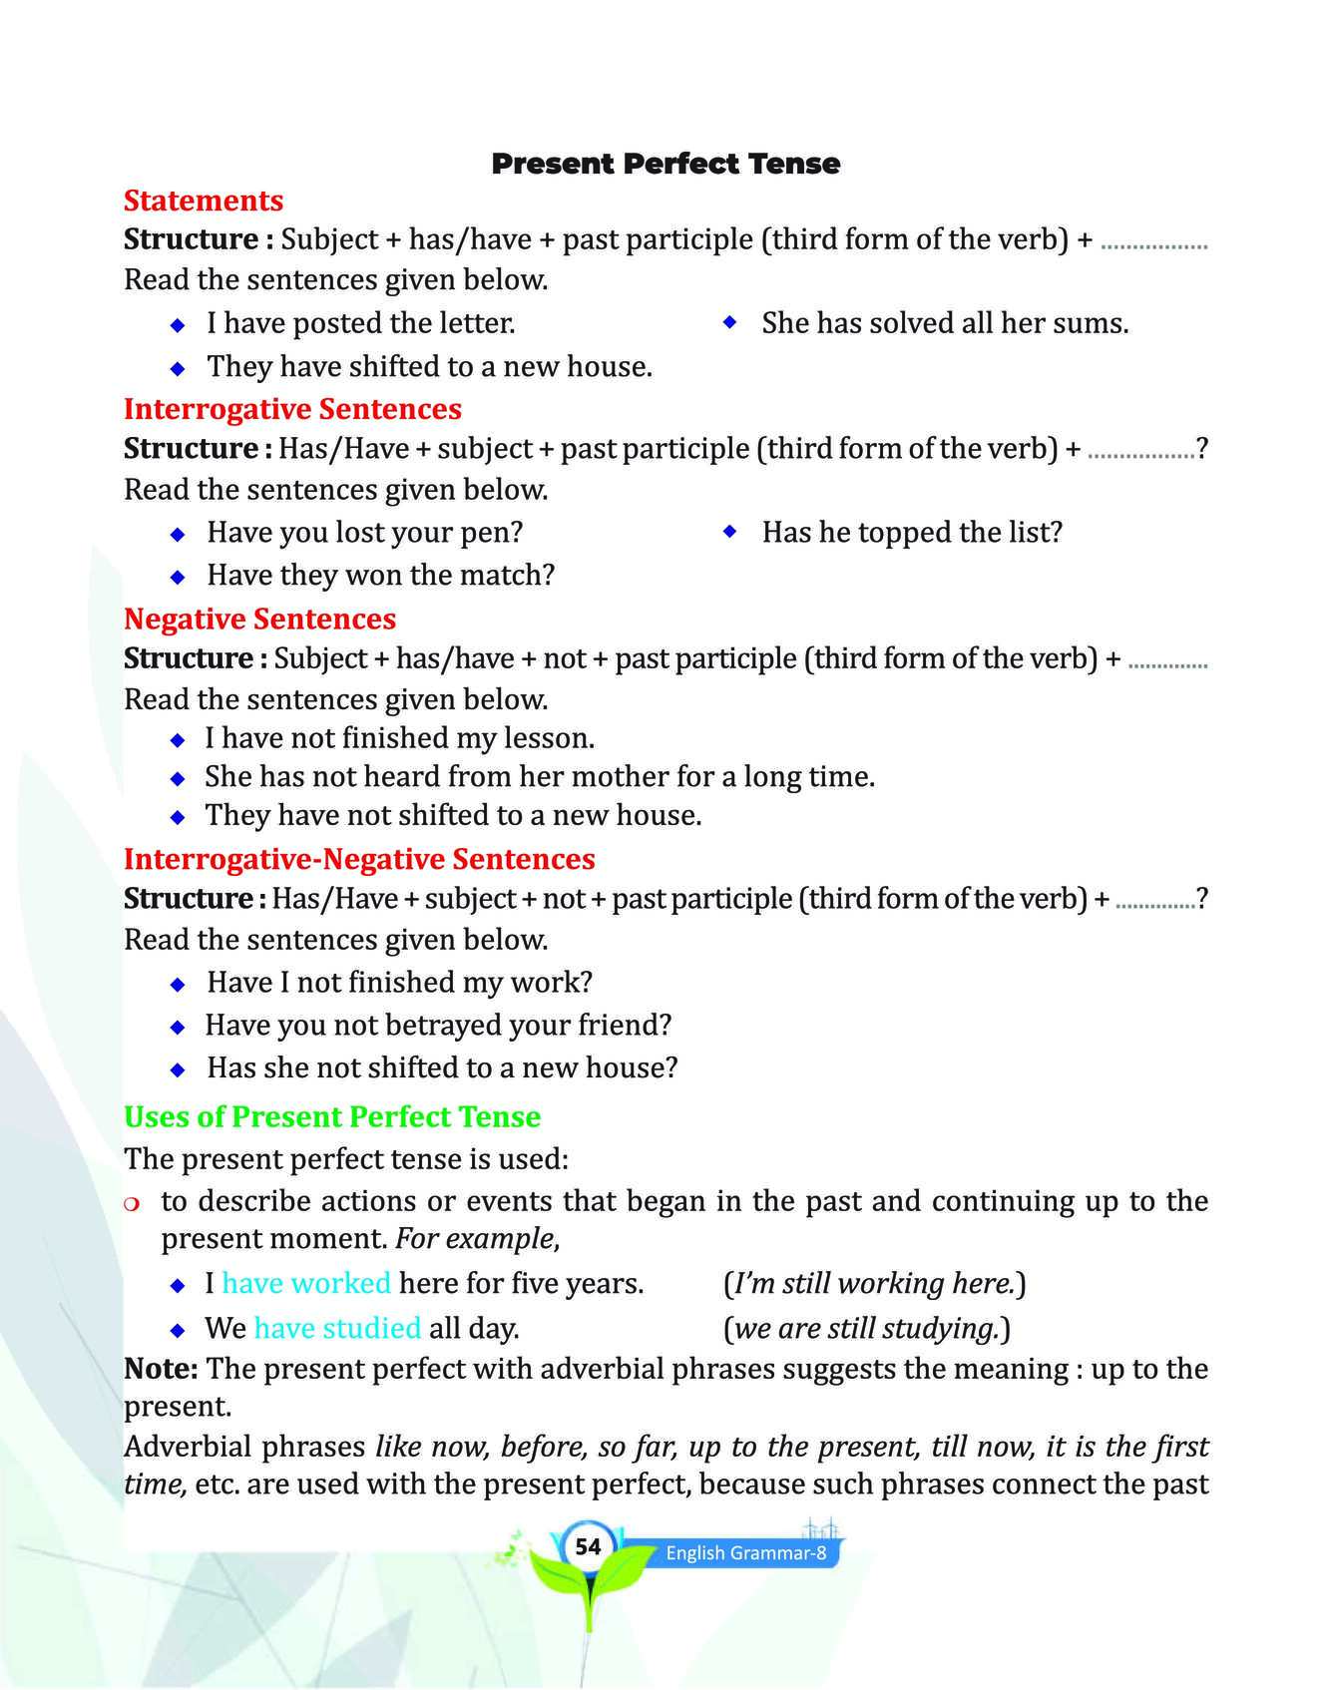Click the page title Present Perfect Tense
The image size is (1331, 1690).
click(665, 164)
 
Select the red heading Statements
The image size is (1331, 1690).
click(204, 201)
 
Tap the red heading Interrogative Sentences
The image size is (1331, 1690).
click(292, 409)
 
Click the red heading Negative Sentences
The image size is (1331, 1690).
click(259, 620)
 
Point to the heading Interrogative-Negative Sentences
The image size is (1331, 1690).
click(359, 859)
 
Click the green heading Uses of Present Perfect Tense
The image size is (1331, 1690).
click(332, 1116)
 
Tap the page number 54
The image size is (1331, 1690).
click(589, 1546)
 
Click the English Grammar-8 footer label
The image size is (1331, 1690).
click(746, 1553)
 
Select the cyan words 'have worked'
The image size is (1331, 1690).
click(306, 1283)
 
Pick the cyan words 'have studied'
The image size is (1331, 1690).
click(337, 1328)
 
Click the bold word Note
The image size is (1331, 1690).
click(160, 1369)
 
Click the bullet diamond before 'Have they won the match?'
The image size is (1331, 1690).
click(178, 577)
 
